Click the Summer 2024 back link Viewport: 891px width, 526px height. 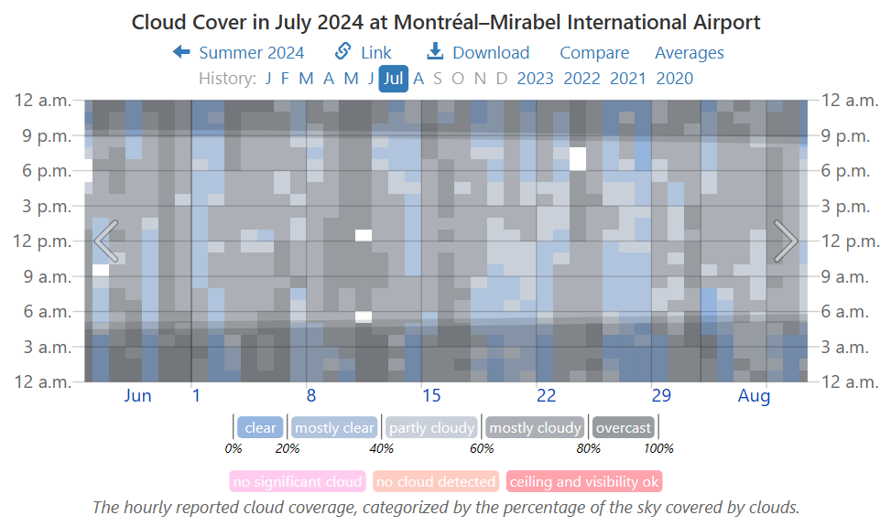coord(239,53)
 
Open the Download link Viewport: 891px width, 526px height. coord(479,53)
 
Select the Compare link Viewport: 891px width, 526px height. coord(594,53)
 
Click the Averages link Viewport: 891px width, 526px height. coord(689,53)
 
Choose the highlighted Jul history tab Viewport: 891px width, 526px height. coord(394,79)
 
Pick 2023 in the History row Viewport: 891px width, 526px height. coord(535,79)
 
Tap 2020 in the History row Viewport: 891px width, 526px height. coord(675,79)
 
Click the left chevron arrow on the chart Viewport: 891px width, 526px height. coord(106,241)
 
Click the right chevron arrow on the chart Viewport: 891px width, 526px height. coord(785,241)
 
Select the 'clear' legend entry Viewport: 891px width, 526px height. coord(260,428)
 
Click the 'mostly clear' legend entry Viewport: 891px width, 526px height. coord(334,428)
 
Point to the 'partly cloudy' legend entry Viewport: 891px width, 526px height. coord(431,428)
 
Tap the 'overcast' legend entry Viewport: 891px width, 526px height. coord(624,428)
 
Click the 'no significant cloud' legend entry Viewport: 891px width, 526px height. coord(298,482)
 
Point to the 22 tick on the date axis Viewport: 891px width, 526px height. coord(547,396)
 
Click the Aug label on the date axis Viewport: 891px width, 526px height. coord(755,396)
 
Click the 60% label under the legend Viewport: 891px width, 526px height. coord(482,449)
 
